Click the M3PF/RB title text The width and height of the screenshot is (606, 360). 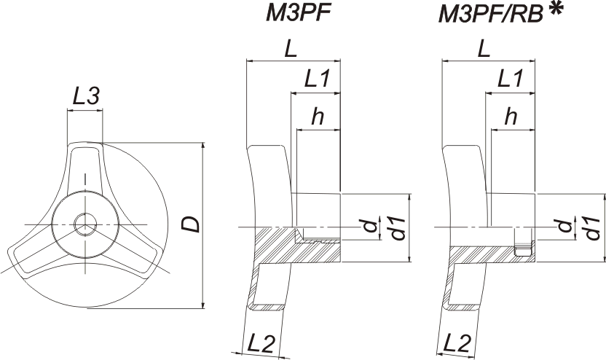pos(491,15)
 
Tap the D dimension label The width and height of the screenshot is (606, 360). pos(191,224)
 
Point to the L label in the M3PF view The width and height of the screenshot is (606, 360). pos(291,49)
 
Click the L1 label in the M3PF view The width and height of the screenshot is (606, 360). pos(317,79)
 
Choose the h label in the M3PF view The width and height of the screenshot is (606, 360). pos(318,116)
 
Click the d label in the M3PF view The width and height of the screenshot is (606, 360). pos(370,225)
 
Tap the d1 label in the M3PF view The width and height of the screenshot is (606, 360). pos(396,229)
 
